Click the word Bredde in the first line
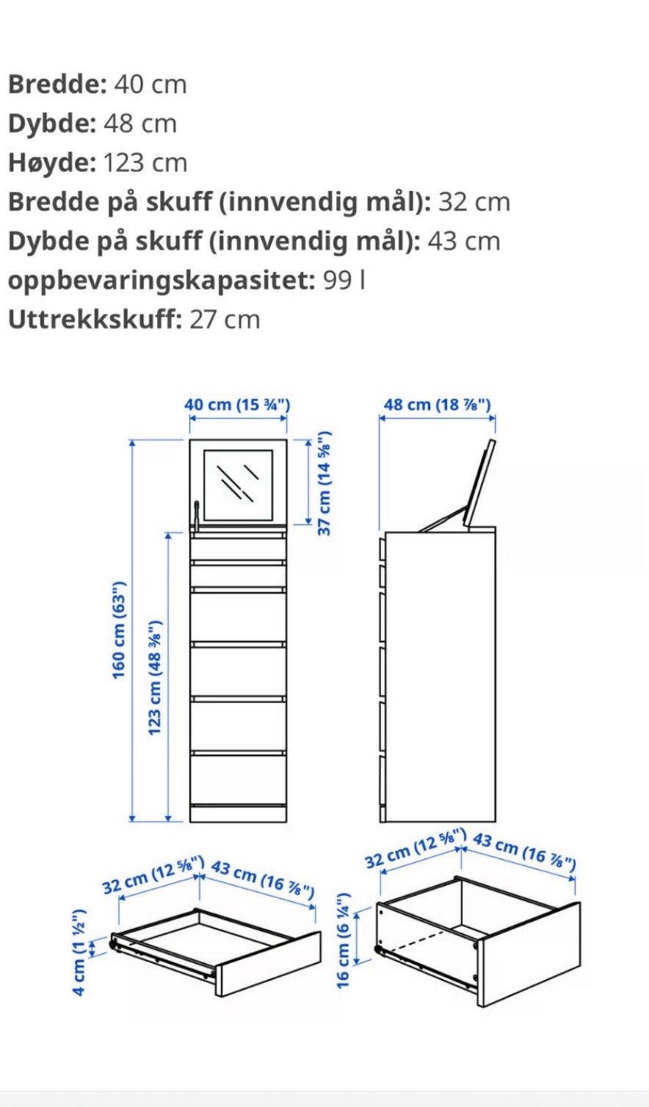57,84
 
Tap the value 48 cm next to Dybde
140,123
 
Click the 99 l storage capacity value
344,281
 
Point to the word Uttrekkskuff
93,320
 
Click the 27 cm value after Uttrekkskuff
225,320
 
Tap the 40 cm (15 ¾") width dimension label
238,405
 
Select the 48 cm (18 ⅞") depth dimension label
438,405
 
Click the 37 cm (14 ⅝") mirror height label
324,483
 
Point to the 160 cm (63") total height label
120,630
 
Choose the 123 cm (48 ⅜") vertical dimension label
156,678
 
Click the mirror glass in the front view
239,485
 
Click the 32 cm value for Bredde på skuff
474,202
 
